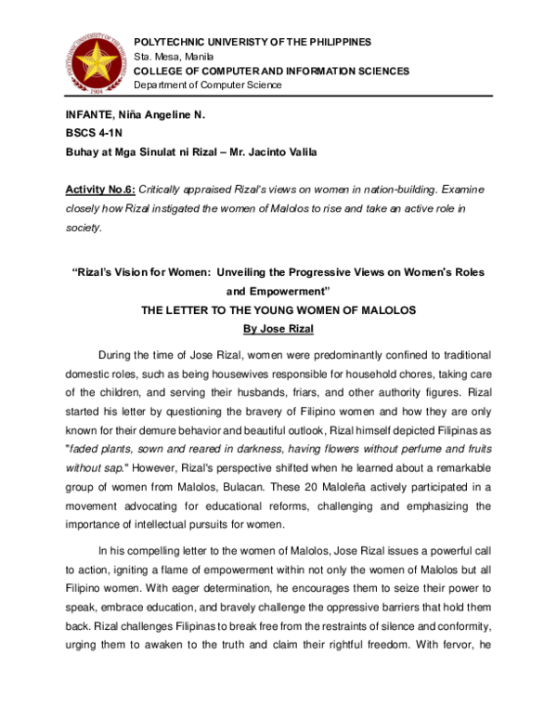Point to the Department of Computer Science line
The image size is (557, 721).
[x=208, y=85]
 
